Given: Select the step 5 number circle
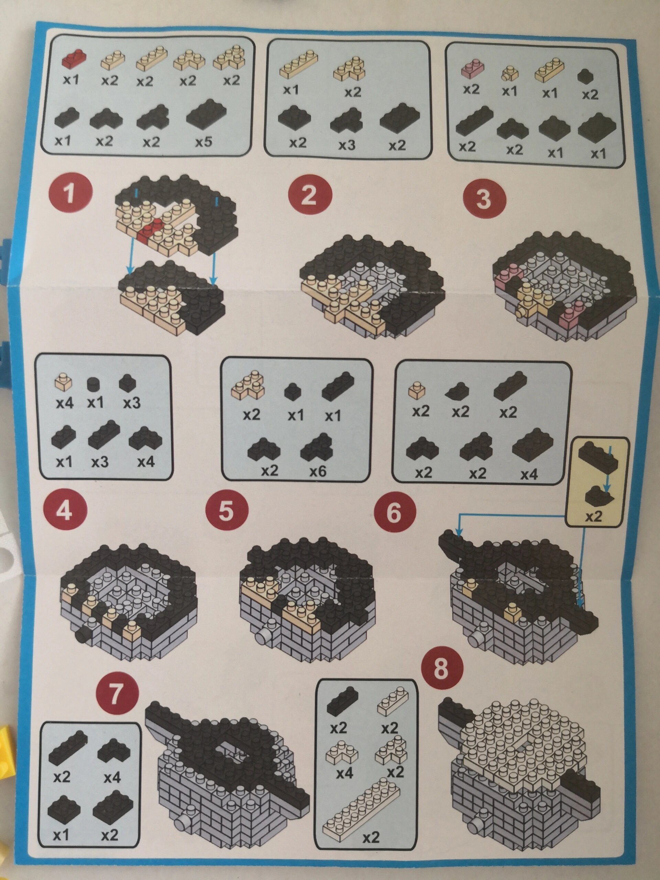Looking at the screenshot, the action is [x=227, y=513].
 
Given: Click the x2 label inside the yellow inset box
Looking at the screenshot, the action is [x=594, y=516].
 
